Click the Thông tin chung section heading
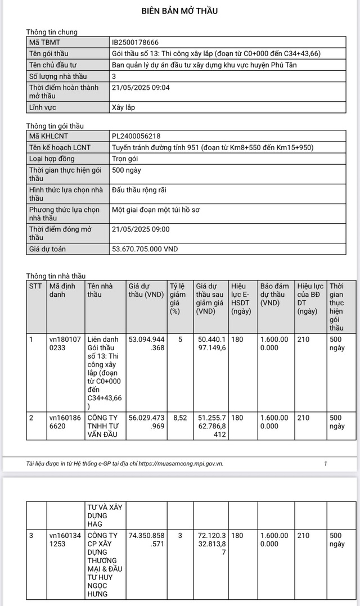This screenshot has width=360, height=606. pyautogui.click(x=52, y=32)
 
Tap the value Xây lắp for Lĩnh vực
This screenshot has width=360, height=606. pyautogui.click(x=124, y=107)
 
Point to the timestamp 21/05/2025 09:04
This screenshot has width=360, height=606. pyautogui.click(x=141, y=87)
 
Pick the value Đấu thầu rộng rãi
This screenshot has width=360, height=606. pyautogui.click(x=138, y=189)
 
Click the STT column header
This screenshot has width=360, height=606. pyautogui.click(x=35, y=286)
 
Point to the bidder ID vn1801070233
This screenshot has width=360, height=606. pyautogui.click(x=65, y=343)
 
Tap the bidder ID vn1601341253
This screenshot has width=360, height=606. pyautogui.click(x=65, y=540)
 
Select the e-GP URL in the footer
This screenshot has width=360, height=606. pyautogui.click(x=181, y=464)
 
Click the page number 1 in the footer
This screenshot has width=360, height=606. pyautogui.click(x=325, y=464)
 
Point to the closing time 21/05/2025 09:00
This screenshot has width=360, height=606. pyautogui.click(x=141, y=229)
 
